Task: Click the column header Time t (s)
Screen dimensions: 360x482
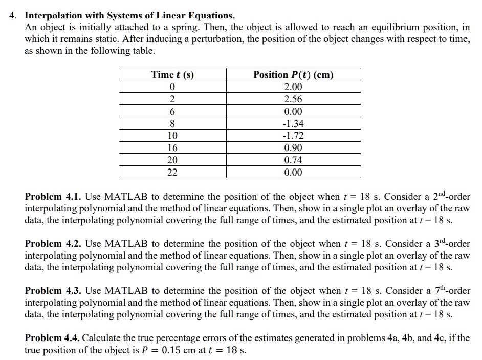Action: (x=172, y=75)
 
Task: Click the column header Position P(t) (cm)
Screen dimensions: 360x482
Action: (x=293, y=75)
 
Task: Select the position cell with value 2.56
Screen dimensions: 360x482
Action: (x=293, y=99)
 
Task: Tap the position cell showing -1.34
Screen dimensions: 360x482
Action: (x=293, y=123)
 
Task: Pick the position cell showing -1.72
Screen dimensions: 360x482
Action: (x=293, y=136)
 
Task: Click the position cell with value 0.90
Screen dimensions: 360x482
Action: (x=293, y=148)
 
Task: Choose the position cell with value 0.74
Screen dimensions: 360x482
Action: (x=293, y=160)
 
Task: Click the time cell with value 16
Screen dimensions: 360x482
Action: (x=172, y=148)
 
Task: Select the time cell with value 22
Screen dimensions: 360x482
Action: (x=172, y=173)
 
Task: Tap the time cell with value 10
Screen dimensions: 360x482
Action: (x=172, y=136)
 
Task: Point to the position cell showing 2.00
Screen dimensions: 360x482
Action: (x=293, y=87)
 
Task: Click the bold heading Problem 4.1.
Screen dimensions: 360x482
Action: (x=53, y=197)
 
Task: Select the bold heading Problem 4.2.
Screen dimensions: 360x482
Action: (x=53, y=244)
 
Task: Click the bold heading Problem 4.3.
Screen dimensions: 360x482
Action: (x=53, y=291)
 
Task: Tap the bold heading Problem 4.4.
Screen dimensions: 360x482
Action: (x=53, y=338)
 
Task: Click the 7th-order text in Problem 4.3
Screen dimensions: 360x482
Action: (x=450, y=290)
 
